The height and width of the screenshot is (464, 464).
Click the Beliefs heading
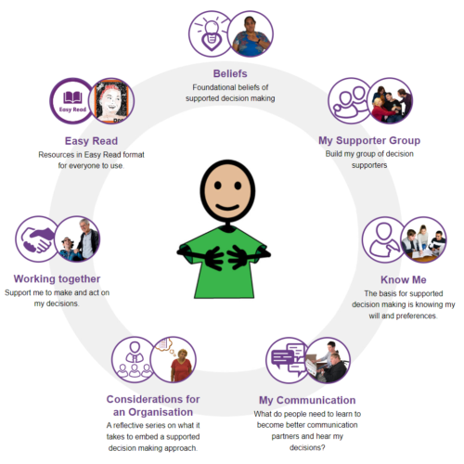(230, 73)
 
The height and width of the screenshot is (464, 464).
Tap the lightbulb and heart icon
(212, 34)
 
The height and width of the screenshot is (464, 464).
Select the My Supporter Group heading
(369, 140)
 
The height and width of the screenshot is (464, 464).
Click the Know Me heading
(404, 279)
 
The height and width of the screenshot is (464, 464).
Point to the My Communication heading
(307, 400)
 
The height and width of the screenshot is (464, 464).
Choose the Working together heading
(57, 278)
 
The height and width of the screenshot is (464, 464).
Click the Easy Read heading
(91, 141)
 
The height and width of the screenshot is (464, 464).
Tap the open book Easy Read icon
(72, 101)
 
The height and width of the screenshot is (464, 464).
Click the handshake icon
(37, 239)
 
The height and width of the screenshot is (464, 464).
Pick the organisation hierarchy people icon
(135, 359)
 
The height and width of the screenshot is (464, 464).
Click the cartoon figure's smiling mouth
(227, 207)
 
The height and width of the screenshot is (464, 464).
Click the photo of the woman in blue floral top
(251, 34)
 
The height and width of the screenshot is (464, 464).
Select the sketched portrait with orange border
(111, 100)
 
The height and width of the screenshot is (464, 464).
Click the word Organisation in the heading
(161, 412)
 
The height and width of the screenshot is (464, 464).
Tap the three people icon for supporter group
(351, 101)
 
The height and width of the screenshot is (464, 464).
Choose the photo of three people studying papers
(423, 239)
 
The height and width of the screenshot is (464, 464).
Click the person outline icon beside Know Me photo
(383, 239)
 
